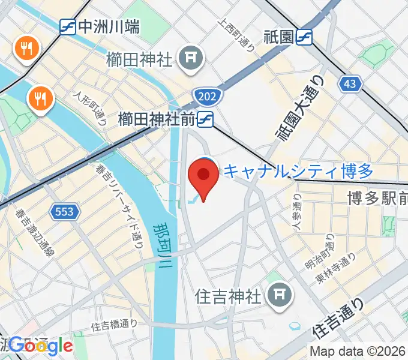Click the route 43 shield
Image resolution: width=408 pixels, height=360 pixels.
pyautogui.click(x=350, y=84)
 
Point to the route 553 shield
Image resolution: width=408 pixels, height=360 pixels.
pyautogui.click(x=64, y=211)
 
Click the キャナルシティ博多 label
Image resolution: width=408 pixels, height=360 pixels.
pyautogui.click(x=298, y=172)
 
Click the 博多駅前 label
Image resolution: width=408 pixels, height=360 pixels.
pyautogui.click(x=377, y=198)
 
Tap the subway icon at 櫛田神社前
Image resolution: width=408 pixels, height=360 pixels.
pyautogui.click(x=206, y=119)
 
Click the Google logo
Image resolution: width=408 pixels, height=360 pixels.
pyautogui.click(x=41, y=345)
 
